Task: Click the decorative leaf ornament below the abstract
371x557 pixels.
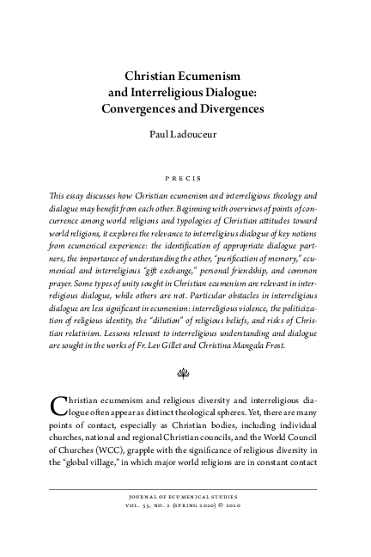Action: (x=185, y=375)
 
